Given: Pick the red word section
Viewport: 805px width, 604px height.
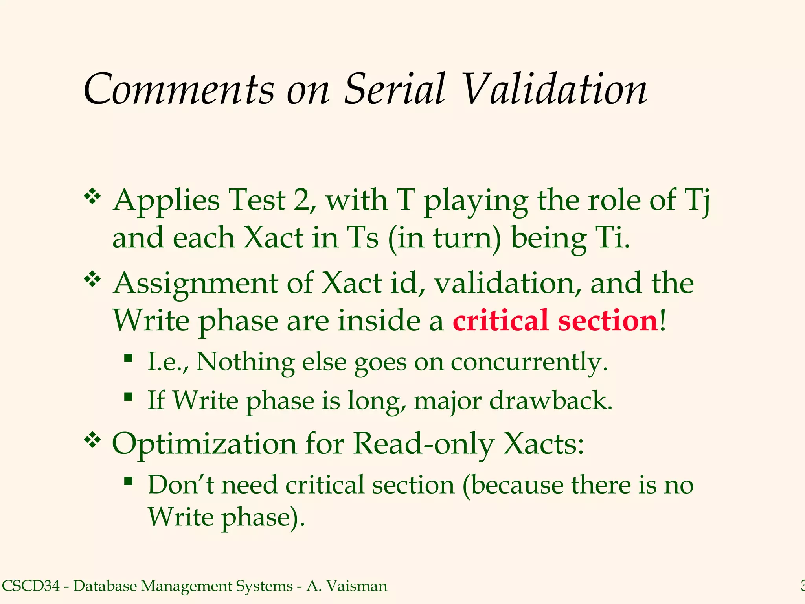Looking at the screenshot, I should [x=608, y=320].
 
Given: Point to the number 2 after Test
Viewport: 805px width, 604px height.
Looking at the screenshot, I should [x=301, y=200].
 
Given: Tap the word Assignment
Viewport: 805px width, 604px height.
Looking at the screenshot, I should [x=195, y=283].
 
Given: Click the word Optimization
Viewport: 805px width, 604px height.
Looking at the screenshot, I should [x=204, y=444].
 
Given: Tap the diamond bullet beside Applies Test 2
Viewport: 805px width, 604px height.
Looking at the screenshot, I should [x=92, y=197].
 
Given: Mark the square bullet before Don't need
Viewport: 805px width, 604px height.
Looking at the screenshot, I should [x=128, y=481].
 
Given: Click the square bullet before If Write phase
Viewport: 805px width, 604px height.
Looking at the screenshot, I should [x=128, y=397].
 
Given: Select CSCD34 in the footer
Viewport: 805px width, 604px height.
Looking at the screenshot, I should [x=31, y=586].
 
